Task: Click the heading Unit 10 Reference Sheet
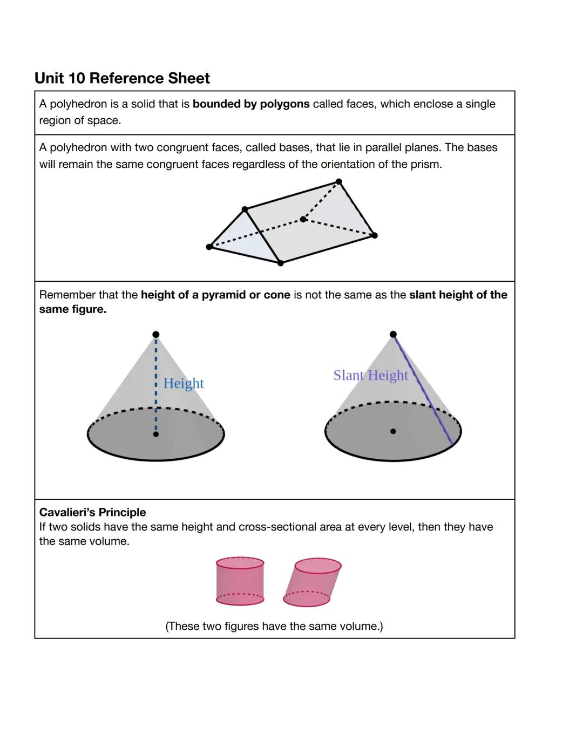coord(122,78)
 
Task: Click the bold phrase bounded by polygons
coord(251,104)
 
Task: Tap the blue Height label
coord(184,383)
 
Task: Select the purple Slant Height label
coord(370,375)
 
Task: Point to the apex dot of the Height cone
coord(156,334)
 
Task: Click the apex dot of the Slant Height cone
coord(393,334)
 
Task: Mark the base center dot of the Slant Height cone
coord(393,431)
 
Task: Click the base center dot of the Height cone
coord(156,434)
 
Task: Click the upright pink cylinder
coord(240,582)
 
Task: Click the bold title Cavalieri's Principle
coord(92,512)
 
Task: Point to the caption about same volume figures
coord(274,626)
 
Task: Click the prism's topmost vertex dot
coord(338,181)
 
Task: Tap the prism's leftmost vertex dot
coord(209,247)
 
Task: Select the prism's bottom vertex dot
coord(280,263)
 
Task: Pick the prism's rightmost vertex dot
coord(375,235)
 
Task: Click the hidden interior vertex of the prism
coord(303,219)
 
